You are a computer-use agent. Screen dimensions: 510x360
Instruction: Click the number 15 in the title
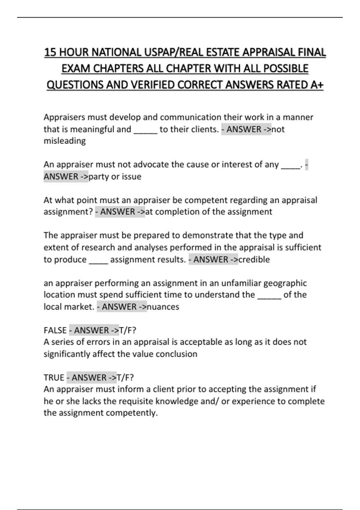pos(50,52)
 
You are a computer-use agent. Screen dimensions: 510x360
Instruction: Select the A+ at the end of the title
pos(317,85)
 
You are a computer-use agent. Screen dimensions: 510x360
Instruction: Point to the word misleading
pos(64,141)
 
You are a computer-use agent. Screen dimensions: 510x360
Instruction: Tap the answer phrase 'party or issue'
pos(115,176)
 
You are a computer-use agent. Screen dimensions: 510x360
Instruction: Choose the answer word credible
pos(254,259)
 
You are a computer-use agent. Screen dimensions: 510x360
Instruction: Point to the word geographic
pos(285,283)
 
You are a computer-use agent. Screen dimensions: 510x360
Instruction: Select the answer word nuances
pos(163,307)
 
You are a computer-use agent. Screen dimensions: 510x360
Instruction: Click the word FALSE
pos(55,330)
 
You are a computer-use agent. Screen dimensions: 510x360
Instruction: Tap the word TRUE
pos(54,377)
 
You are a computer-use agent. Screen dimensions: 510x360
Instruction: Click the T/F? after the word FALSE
pos(128,330)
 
